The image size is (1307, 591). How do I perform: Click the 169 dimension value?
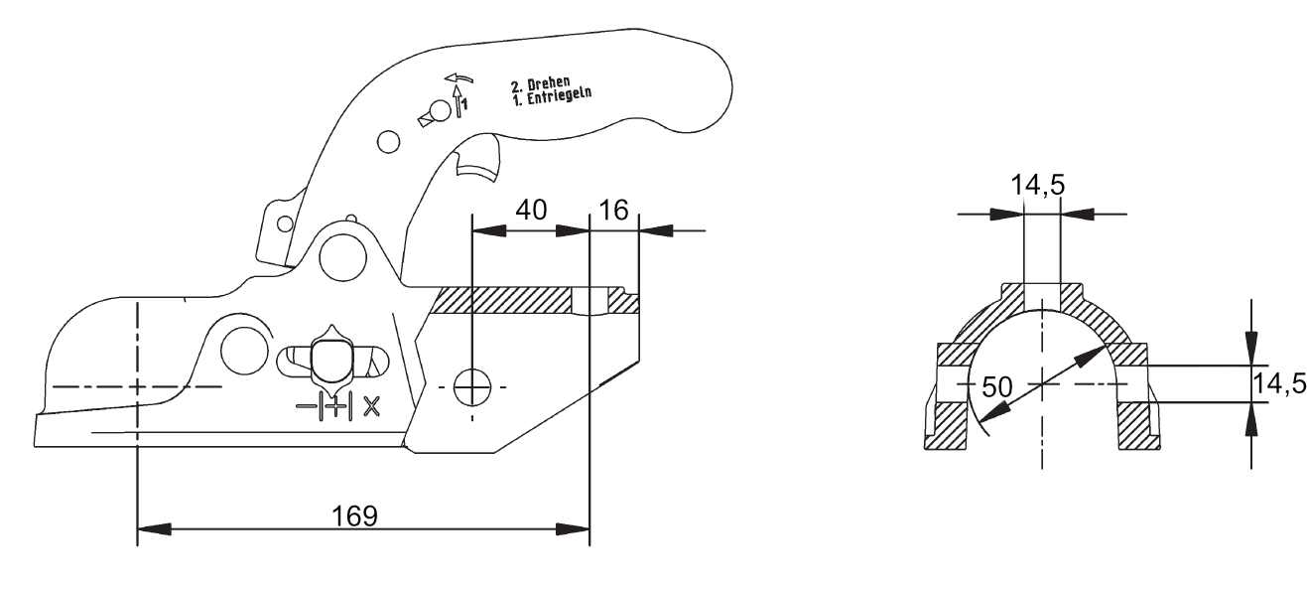(x=354, y=516)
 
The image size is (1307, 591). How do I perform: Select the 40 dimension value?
(x=530, y=212)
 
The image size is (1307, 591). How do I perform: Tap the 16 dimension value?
(x=615, y=212)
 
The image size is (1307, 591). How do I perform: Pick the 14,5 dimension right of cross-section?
(x=1279, y=383)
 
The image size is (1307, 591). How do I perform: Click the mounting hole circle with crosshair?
(x=471, y=385)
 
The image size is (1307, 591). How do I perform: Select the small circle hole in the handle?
(x=388, y=143)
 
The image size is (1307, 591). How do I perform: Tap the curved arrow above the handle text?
(x=457, y=76)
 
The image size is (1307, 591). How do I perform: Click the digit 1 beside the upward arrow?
(x=464, y=100)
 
